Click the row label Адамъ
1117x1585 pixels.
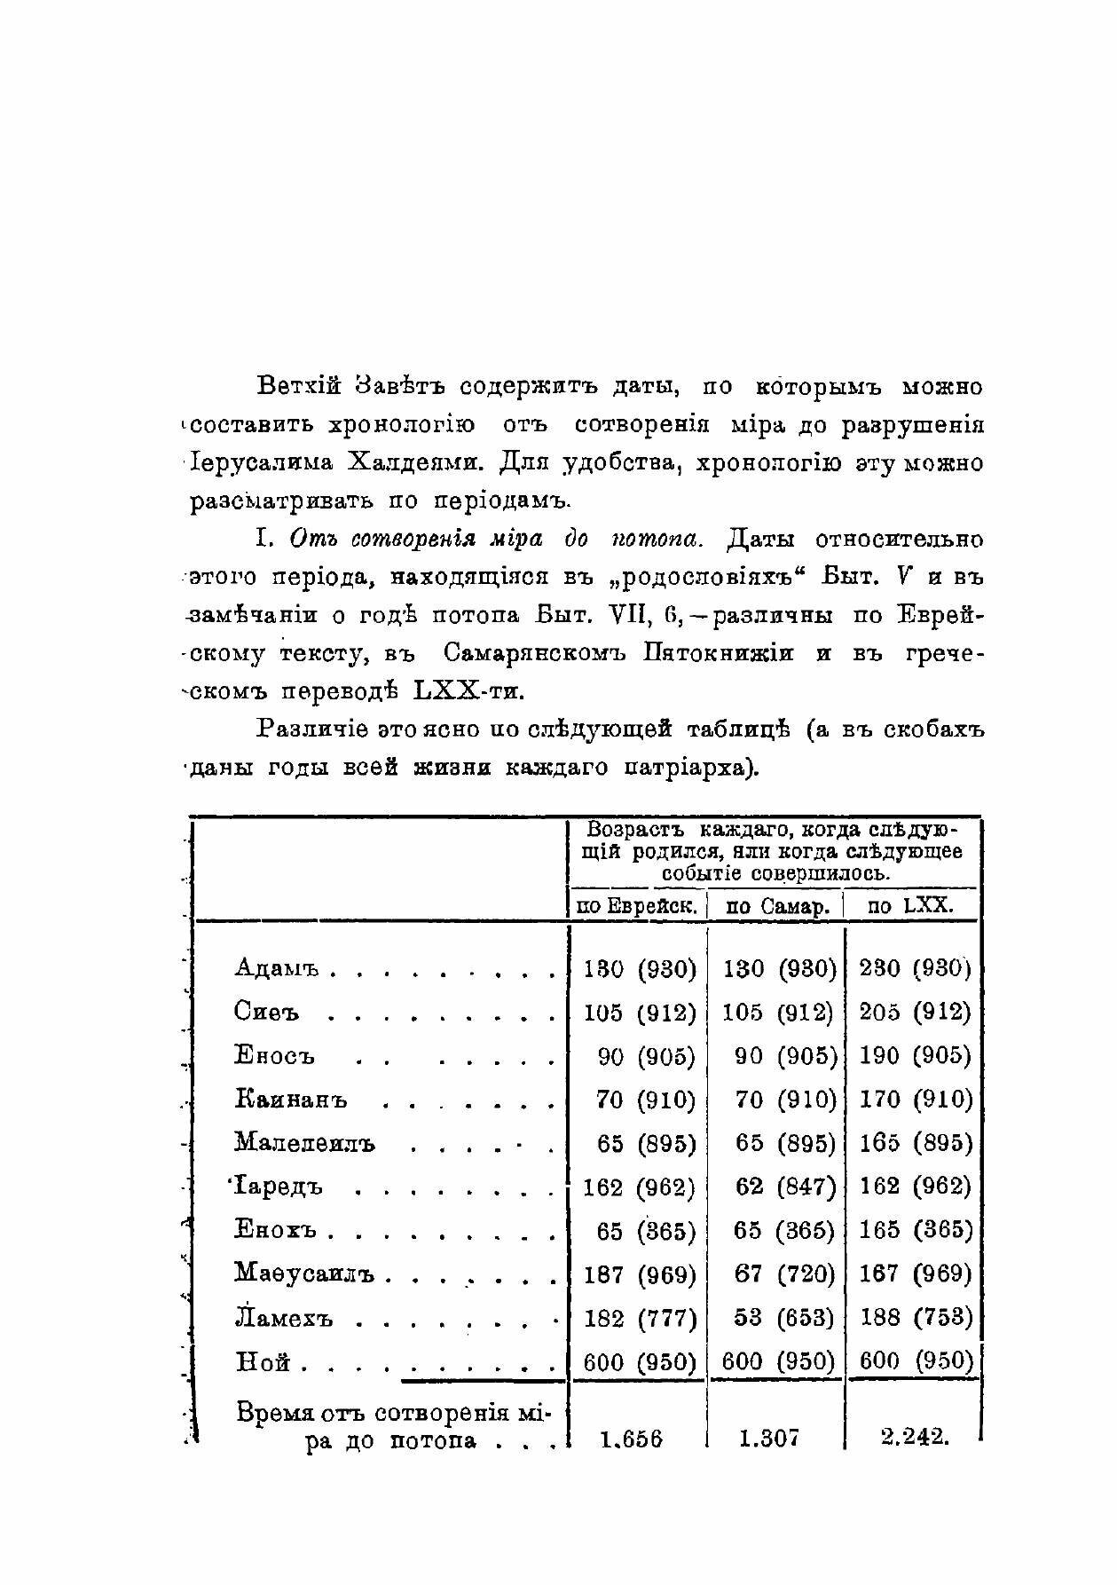276,967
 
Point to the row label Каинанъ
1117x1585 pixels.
291,1100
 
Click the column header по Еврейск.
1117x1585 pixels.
636,906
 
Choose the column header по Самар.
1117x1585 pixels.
777,906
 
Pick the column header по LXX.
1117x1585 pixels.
909,906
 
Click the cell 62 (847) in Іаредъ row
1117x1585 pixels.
785,1187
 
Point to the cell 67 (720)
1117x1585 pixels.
785,1274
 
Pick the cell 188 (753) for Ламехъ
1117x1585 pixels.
916,1318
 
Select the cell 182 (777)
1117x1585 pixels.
640,1318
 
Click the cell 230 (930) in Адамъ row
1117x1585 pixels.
915,967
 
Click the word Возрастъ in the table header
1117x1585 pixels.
638,830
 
